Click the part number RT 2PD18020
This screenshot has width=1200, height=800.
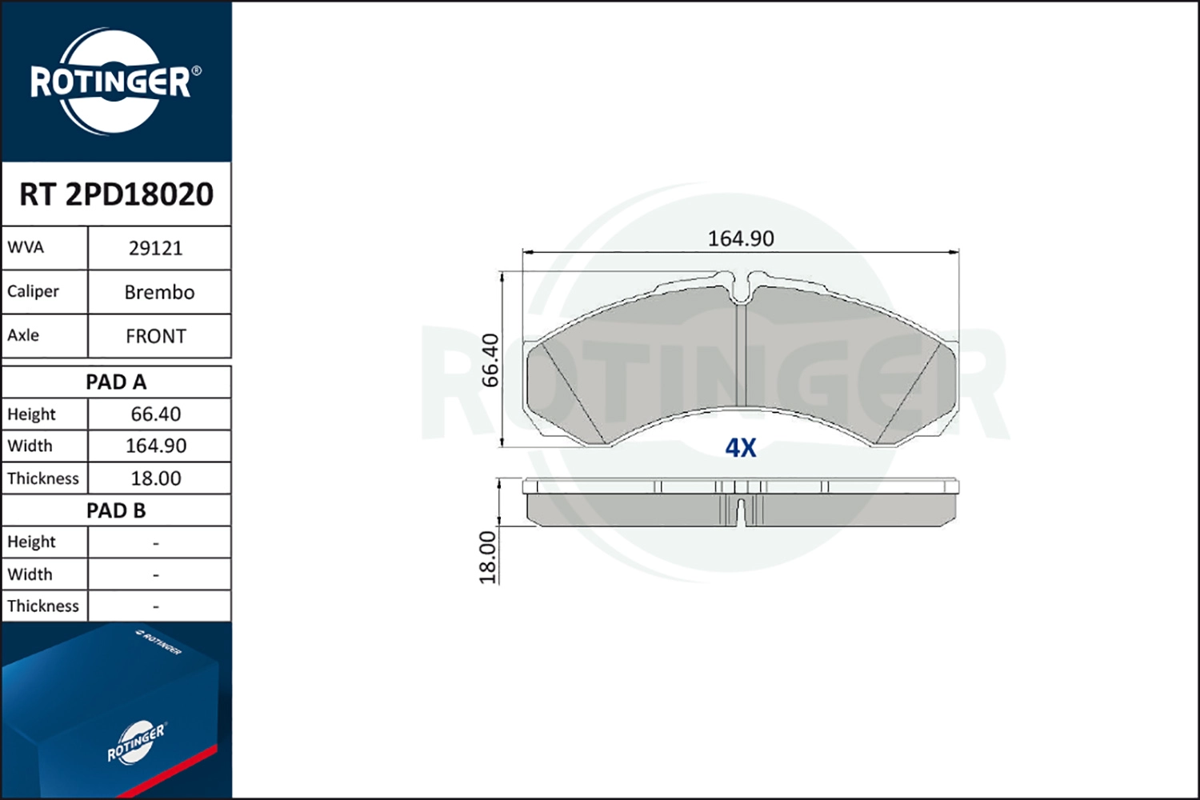click(116, 194)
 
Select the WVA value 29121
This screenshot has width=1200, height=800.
click(156, 249)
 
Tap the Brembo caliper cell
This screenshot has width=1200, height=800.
click(159, 293)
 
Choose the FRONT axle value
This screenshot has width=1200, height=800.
click(156, 337)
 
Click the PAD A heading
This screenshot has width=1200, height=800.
click(116, 382)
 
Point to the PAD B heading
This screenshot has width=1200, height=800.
click(116, 510)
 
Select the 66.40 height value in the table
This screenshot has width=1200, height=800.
click(156, 414)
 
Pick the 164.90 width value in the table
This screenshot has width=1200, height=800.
click(156, 446)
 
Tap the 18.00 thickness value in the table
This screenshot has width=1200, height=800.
click(156, 478)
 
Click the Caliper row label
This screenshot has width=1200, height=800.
click(33, 292)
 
